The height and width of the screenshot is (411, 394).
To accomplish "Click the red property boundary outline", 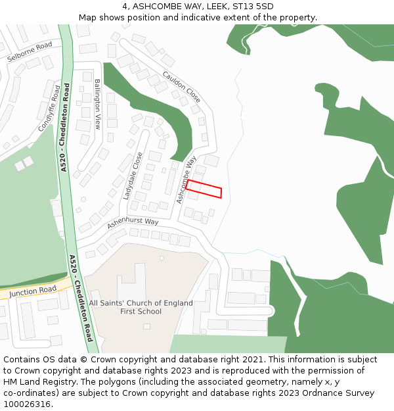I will (x=204, y=189).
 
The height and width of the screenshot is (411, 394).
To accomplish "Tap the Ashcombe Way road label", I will (x=186, y=179).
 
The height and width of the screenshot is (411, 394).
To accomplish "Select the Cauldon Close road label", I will (x=181, y=87).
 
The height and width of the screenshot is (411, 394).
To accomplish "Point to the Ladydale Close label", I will (x=133, y=176).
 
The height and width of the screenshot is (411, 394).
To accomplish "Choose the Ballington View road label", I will (x=98, y=104).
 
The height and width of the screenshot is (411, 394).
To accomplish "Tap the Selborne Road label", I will (x=30, y=51).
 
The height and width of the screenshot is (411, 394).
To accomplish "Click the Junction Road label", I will (x=33, y=291).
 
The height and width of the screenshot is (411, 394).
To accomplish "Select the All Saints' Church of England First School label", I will (x=141, y=307).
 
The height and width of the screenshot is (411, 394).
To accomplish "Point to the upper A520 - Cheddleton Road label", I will (x=65, y=128).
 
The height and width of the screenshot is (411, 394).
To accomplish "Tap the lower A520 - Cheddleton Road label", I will (x=81, y=298).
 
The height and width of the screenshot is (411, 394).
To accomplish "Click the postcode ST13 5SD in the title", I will (x=256, y=6).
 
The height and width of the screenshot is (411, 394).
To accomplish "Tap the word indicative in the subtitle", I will (x=204, y=17).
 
